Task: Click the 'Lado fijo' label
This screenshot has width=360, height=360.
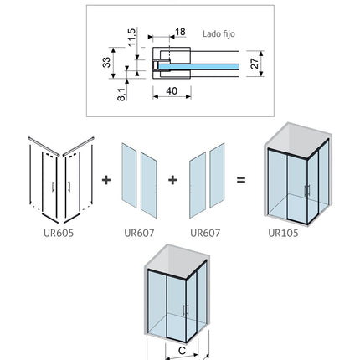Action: (219, 34)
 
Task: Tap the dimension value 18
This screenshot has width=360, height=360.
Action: (180, 32)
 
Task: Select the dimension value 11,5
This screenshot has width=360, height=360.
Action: (131, 37)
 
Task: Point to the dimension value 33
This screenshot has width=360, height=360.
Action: (106, 63)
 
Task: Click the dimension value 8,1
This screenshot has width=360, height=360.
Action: (121, 94)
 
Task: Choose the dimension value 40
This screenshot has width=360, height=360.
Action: (172, 91)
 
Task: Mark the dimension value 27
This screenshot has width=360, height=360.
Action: (255, 64)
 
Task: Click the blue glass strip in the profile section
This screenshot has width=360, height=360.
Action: (198, 67)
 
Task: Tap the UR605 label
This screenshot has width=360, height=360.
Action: (59, 233)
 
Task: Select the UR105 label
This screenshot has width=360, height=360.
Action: (283, 233)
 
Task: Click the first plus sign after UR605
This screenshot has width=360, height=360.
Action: (106, 180)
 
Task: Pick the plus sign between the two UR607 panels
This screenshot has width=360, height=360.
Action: (172, 180)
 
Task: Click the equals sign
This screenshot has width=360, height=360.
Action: (241, 180)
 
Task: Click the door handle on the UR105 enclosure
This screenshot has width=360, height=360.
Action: (307, 191)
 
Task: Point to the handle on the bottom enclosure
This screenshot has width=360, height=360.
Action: (186, 310)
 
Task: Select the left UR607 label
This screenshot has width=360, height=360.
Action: (139, 233)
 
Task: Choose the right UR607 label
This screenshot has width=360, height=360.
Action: (205, 233)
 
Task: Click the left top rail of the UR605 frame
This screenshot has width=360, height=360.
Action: (44, 147)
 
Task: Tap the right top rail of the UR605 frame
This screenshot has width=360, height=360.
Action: (78, 147)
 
